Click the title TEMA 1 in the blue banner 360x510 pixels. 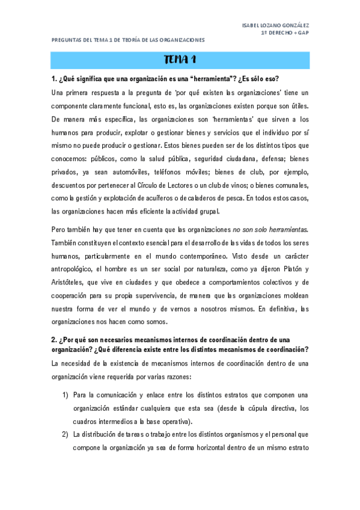(x=180, y=60)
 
